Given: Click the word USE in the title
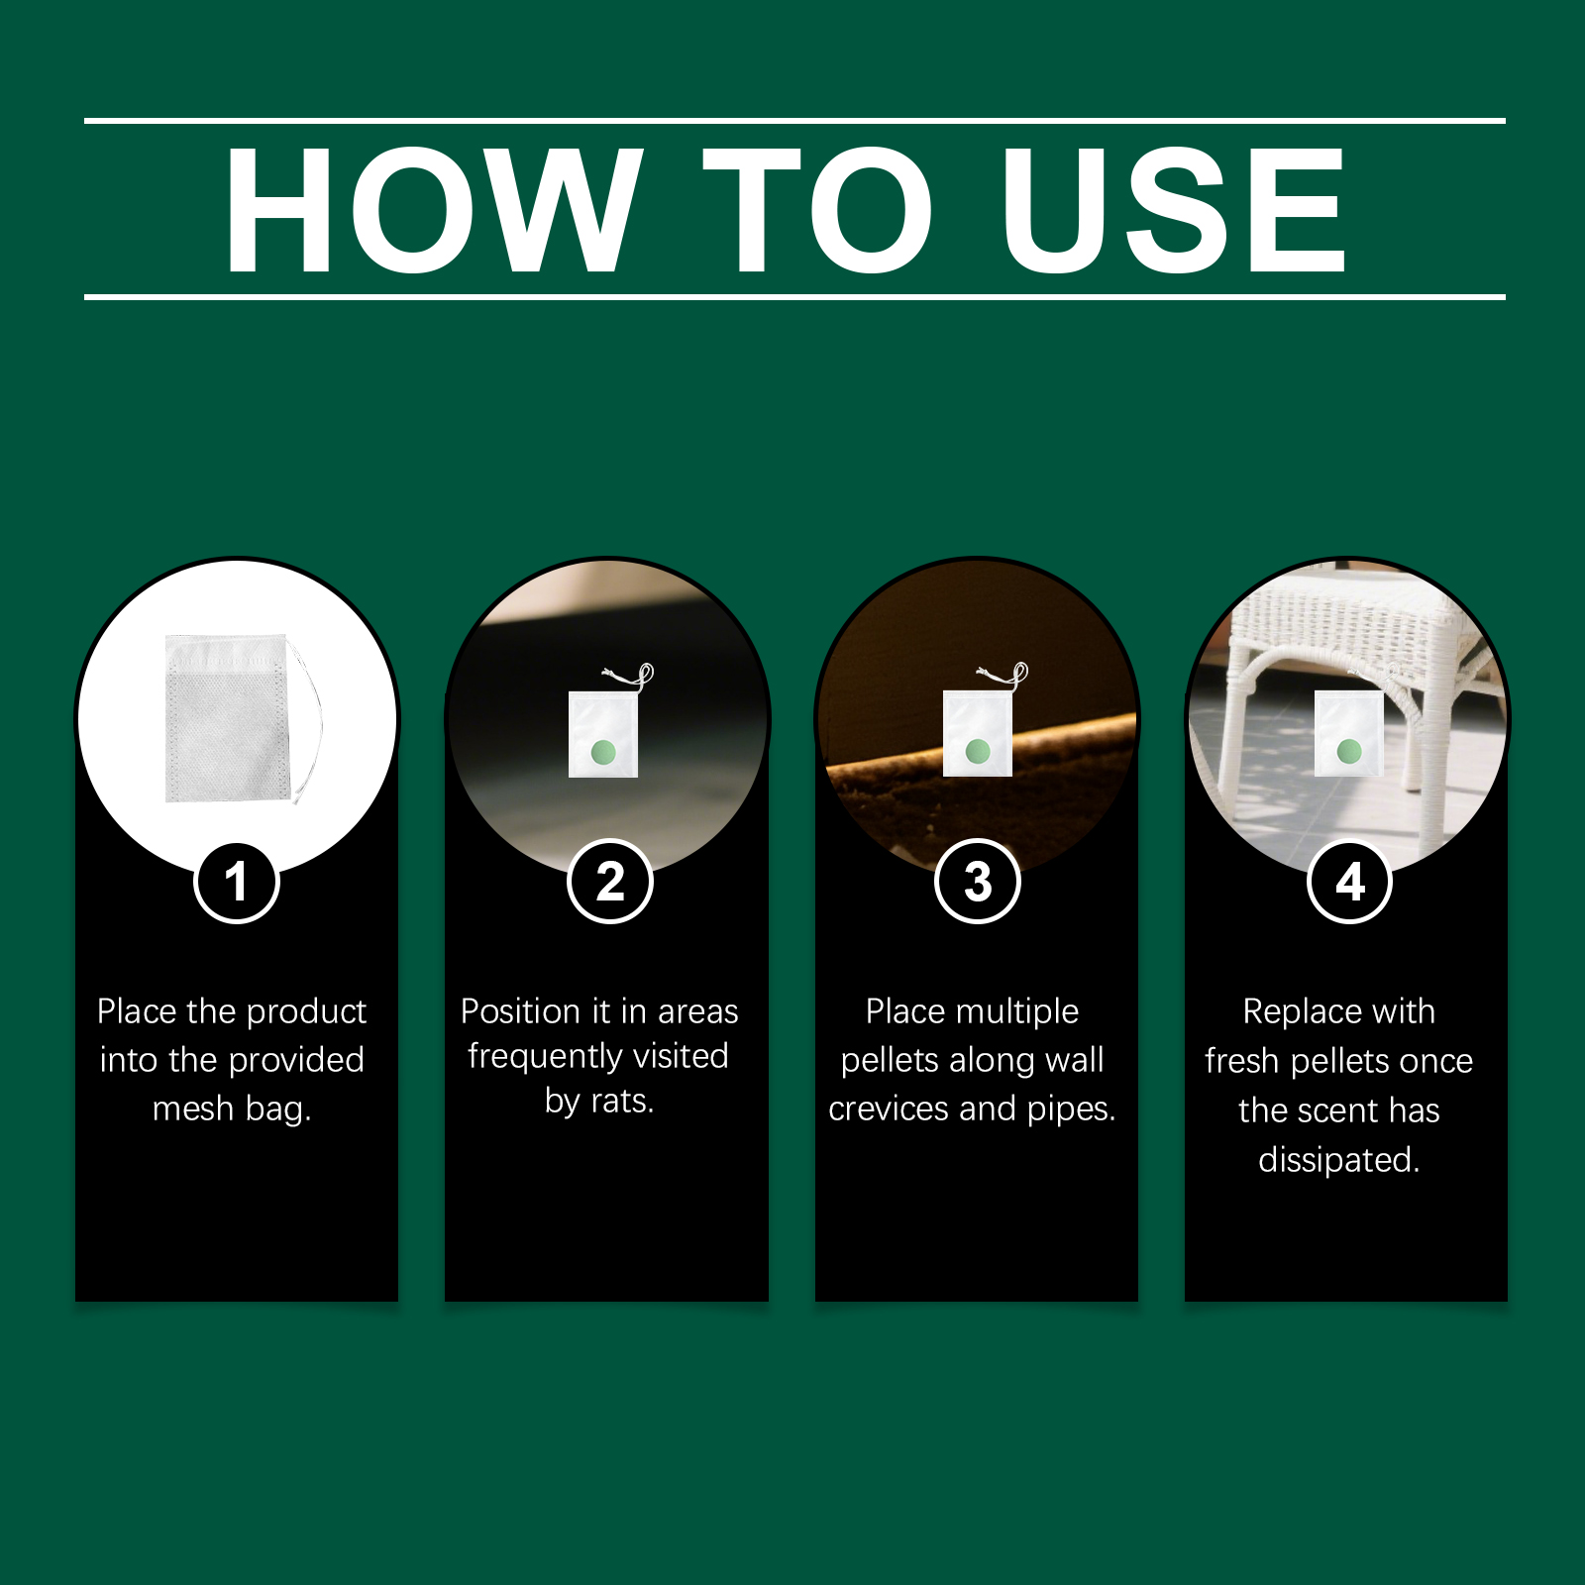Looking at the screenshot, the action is point(1174,210).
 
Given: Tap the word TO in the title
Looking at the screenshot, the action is point(818,210).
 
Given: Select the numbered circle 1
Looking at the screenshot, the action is point(237,881).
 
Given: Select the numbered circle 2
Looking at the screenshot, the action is point(610,881).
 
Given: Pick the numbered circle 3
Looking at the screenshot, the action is point(978,881).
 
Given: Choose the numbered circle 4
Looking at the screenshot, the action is point(1350,881).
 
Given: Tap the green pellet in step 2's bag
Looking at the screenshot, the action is point(603,753).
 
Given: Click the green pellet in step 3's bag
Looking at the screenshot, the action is point(978,751).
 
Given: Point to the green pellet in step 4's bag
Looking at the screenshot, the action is point(1349,752).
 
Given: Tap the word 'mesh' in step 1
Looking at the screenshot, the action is point(193,1109).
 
